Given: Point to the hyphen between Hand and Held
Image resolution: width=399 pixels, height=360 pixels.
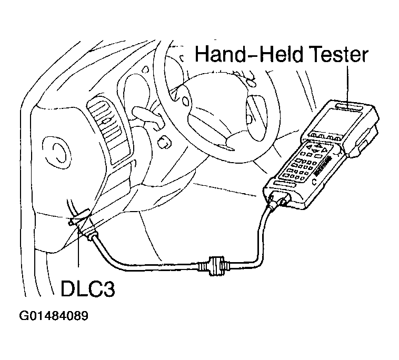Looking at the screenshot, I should pos(248,55).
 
